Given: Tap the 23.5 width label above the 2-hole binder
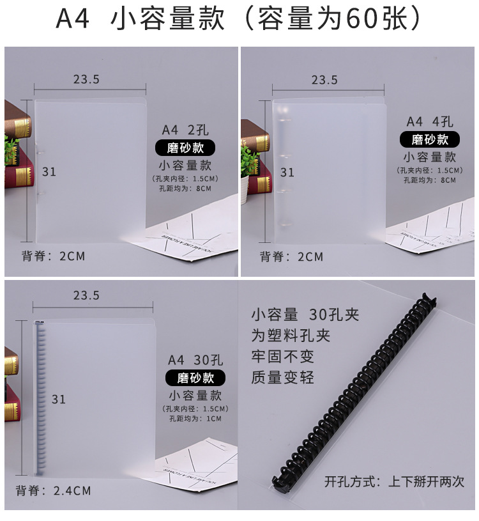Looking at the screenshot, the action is pyautogui.click(x=86, y=79).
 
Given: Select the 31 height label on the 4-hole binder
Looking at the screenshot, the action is pyautogui.click(x=287, y=173).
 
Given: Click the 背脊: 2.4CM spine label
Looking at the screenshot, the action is pyautogui.click(x=54, y=490).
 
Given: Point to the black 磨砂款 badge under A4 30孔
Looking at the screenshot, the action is pyautogui.click(x=195, y=378).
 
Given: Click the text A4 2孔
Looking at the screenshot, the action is pyautogui.click(x=185, y=130).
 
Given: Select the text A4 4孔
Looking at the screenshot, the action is pyautogui.click(x=430, y=122).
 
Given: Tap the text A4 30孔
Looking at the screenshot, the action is pyautogui.click(x=195, y=360).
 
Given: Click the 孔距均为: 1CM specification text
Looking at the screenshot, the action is pyautogui.click(x=195, y=418).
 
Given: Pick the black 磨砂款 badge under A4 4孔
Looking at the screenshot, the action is pyautogui.click(x=430, y=139).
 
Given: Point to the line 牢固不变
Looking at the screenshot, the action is pyautogui.click(x=282, y=357).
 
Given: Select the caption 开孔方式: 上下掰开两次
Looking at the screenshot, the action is pyautogui.click(x=394, y=481).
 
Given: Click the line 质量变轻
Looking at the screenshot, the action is pyautogui.click(x=282, y=377).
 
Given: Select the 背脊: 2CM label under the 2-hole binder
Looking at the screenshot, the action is pyautogui.click(x=54, y=256).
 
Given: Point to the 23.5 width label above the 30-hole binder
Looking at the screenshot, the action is pyautogui.click(x=86, y=295).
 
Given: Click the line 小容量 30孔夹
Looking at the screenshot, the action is pyautogui.click(x=305, y=315).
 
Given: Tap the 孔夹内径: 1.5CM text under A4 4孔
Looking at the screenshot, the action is pyautogui.click(x=430, y=171).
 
